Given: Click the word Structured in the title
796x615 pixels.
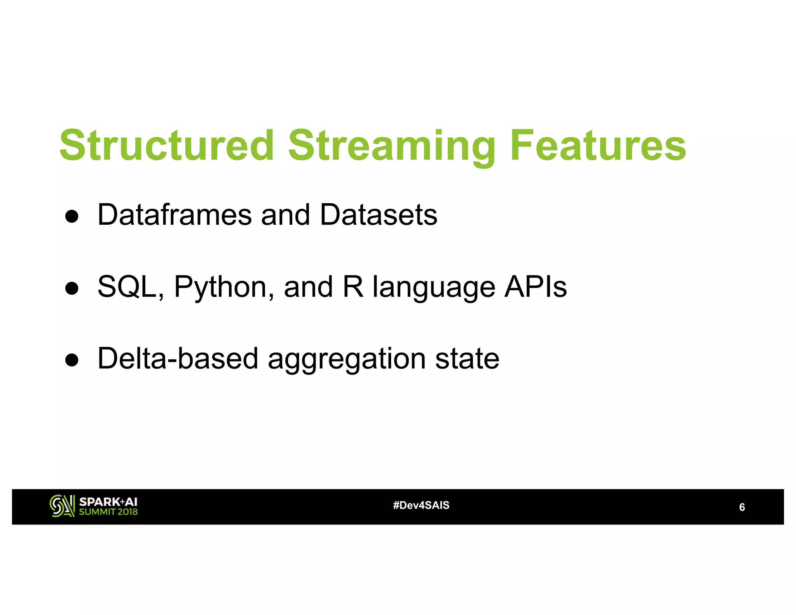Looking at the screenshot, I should pos(167,145).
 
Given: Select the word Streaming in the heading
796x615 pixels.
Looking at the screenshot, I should pos(392,146).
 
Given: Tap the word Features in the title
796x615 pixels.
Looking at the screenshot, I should pos(598,145).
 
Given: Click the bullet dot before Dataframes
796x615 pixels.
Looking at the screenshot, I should pos(72,216).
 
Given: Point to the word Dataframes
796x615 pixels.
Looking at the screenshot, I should pos(175,215).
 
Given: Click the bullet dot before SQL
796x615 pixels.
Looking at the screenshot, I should pos(72,288).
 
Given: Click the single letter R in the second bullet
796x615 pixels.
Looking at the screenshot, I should pos(353,287).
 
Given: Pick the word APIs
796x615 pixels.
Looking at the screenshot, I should pos(535,287).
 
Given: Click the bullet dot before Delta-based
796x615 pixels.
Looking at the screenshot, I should pos(72,360).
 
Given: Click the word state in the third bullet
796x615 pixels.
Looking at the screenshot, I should pos(467,358).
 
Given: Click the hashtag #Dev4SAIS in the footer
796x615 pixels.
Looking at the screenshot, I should pos(421,505).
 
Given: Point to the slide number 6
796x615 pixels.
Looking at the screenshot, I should pos(742,507).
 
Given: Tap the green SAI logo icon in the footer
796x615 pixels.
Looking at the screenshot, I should pos(62,506).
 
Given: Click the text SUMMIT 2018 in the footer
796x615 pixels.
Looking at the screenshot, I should pos(108,512).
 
